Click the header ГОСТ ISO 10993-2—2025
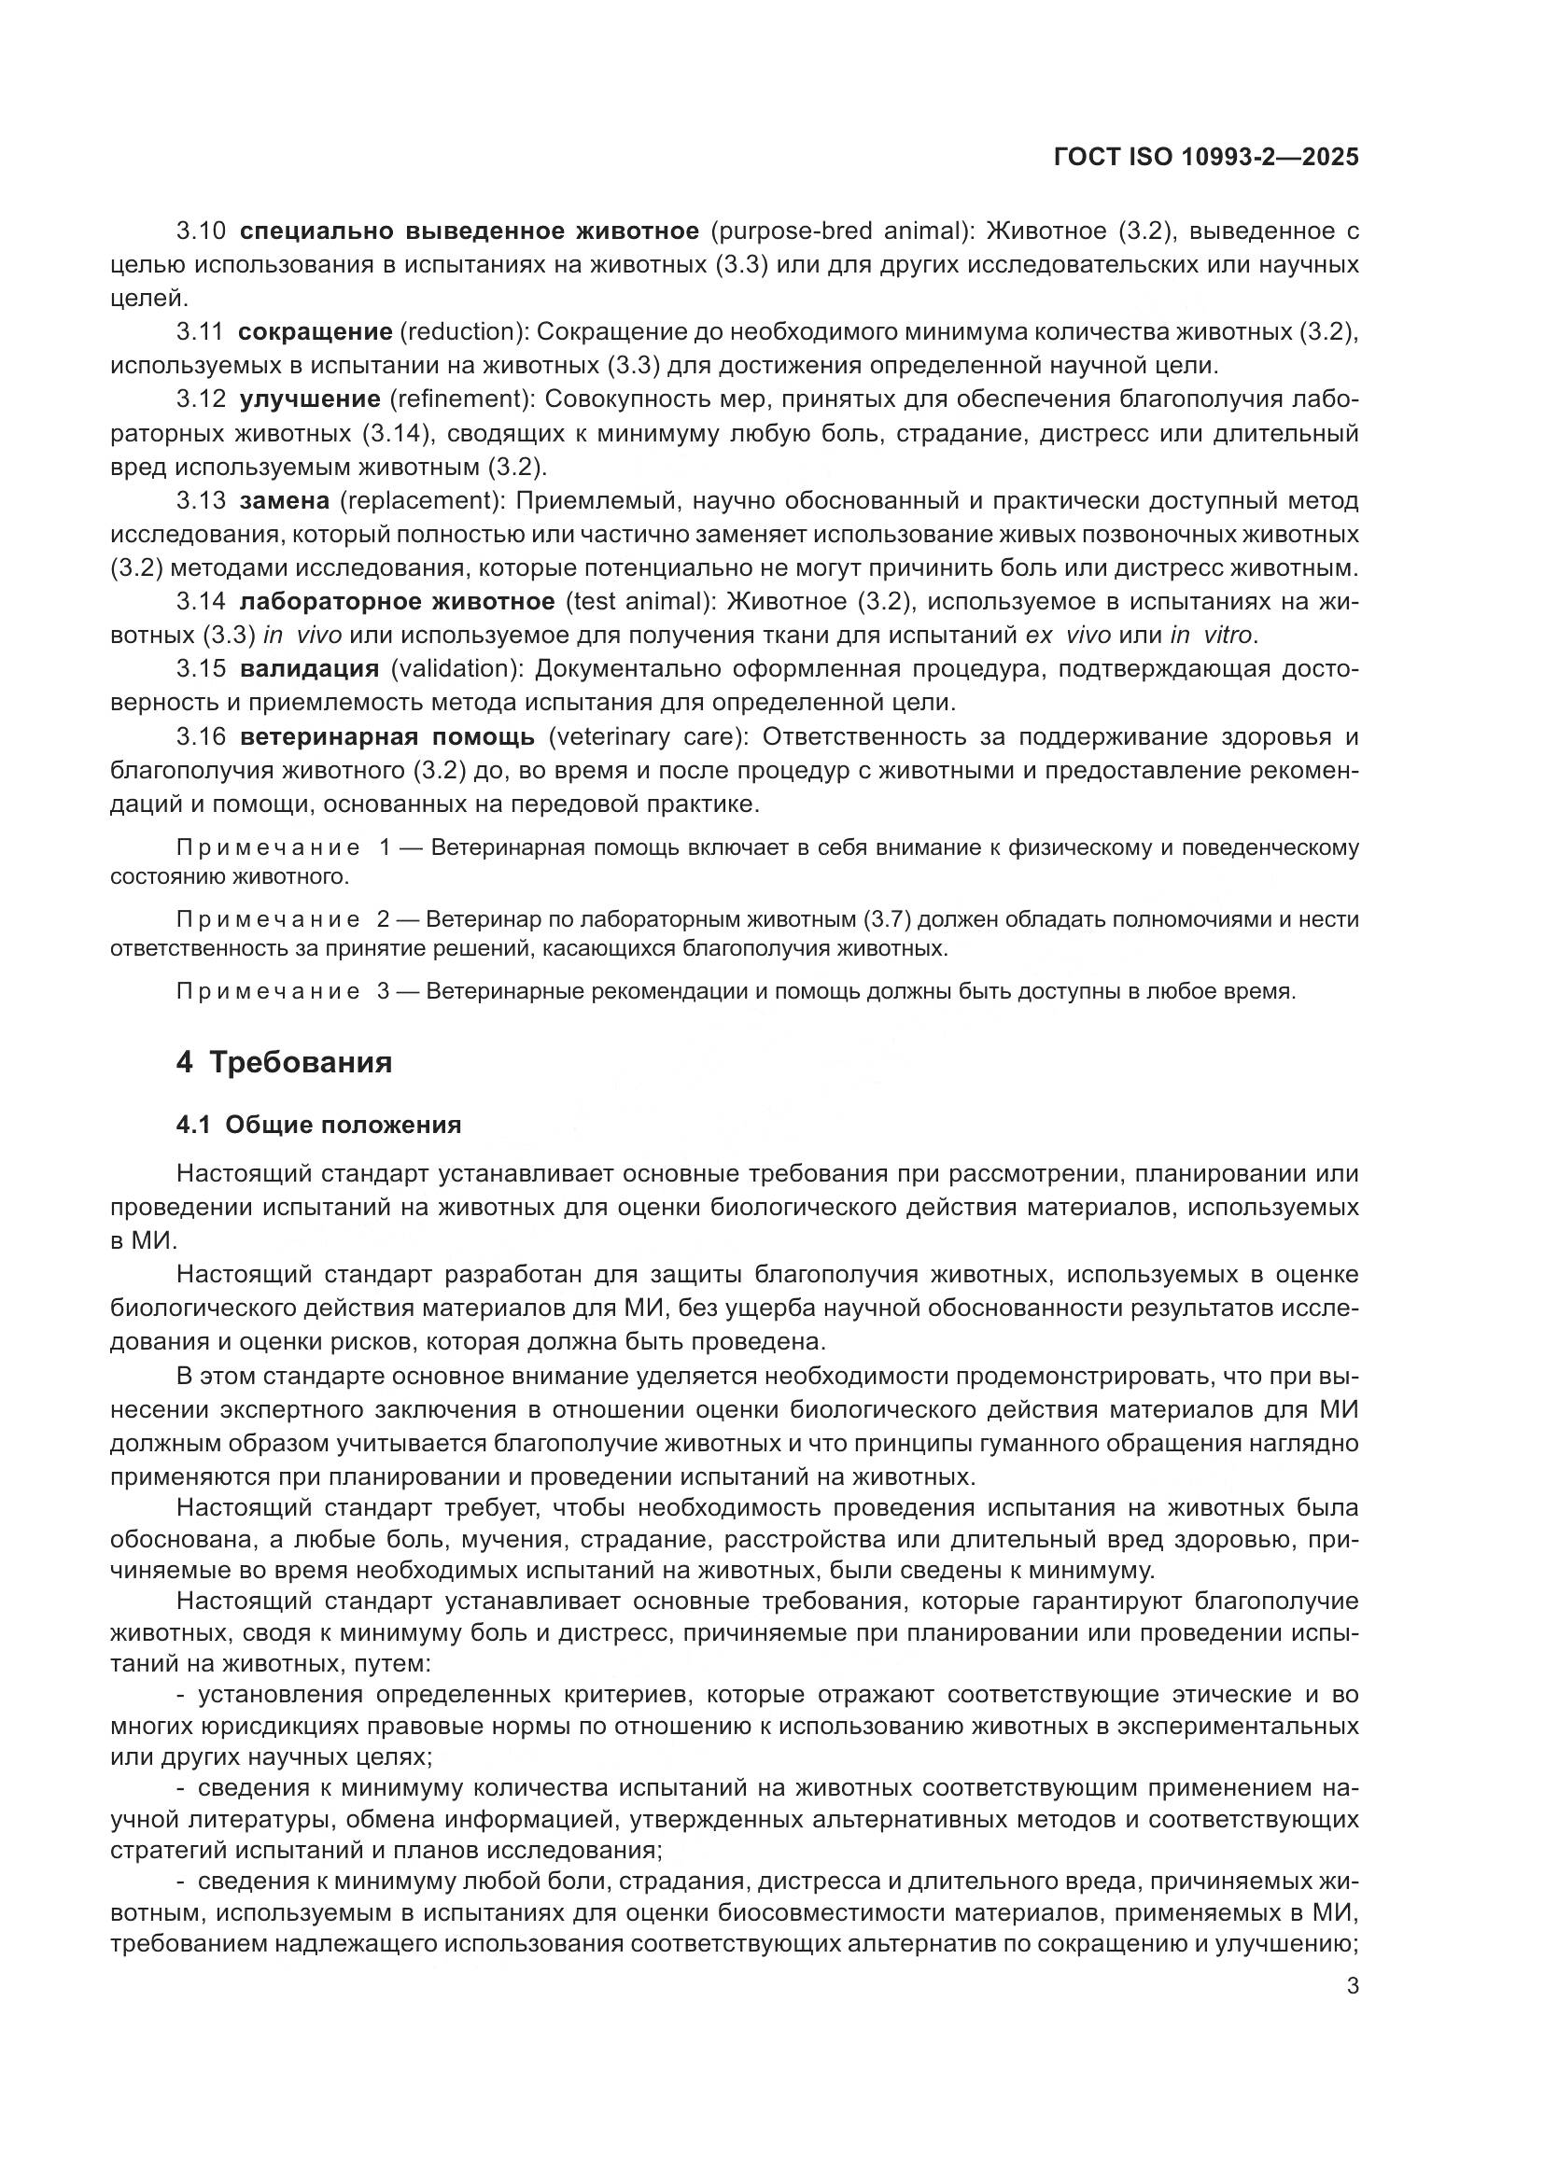pos(1205,157)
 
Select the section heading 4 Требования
pos(284,1061)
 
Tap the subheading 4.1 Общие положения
pos(317,1125)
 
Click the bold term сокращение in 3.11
pos(315,332)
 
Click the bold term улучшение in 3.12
pos(310,399)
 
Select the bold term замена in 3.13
pos(285,500)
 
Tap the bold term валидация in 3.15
pos(309,668)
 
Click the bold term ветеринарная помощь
pos(388,737)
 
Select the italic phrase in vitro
pos(1206,636)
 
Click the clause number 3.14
pos(201,601)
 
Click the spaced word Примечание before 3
pos(268,992)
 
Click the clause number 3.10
pos(201,231)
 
